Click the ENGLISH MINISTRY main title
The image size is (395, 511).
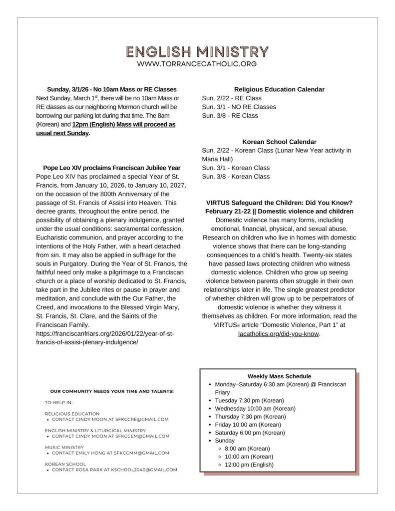[197, 52]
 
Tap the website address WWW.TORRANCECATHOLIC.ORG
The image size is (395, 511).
[197, 64]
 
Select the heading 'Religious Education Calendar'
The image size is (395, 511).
[279, 89]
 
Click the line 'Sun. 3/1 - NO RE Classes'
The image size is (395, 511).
[239, 107]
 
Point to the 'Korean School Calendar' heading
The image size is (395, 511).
[279, 142]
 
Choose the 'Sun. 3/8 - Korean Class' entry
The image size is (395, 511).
[236, 177]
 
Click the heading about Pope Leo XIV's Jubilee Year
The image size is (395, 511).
[112, 168]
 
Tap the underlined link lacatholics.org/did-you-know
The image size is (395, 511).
[279, 334]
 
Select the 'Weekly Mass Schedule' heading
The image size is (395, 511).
[279, 376]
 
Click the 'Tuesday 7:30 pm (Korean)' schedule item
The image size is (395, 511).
[249, 401]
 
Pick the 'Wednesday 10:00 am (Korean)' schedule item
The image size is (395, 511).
[255, 409]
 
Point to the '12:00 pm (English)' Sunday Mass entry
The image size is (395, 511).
[249, 465]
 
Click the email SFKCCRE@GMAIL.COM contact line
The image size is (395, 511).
[110, 419]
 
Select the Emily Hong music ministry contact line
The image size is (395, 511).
[110, 453]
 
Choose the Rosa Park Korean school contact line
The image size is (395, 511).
[114, 470]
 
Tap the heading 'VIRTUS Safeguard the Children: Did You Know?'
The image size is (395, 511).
[279, 203]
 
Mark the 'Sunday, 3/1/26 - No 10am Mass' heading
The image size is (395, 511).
[112, 89]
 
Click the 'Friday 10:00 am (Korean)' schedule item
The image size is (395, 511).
[248, 425]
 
